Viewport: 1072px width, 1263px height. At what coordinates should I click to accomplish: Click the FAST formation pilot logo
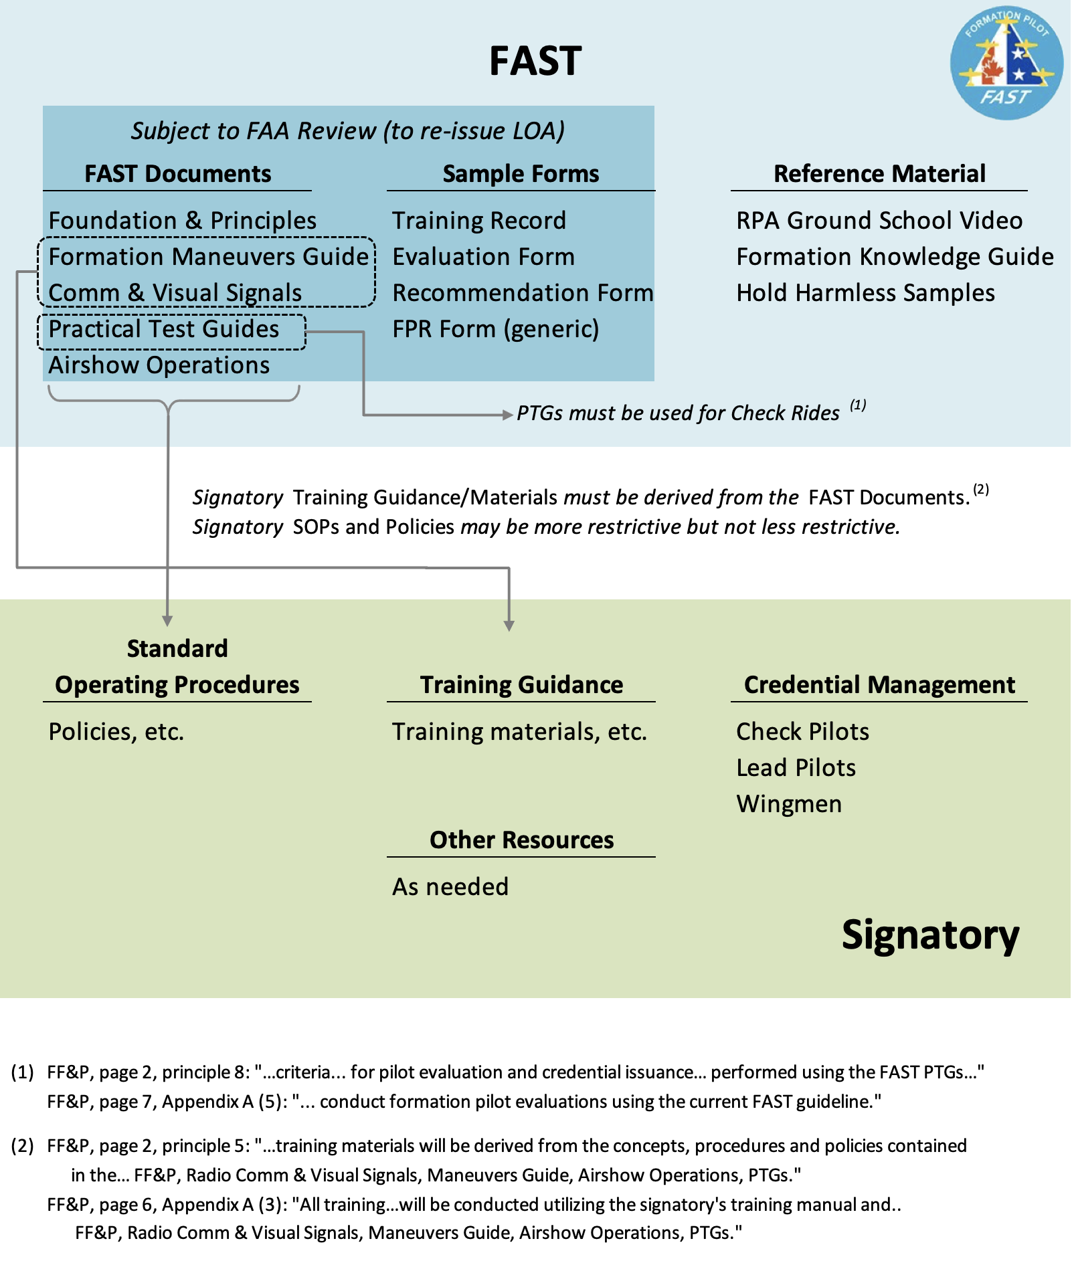1006,64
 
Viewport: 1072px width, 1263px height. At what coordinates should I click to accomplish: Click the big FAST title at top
535,62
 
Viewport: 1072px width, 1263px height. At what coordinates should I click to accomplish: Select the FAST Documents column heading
178,174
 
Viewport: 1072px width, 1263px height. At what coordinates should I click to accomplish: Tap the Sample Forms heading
521,174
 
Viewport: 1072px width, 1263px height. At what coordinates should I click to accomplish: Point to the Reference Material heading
879,174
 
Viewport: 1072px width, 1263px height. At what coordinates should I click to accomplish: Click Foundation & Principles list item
182,221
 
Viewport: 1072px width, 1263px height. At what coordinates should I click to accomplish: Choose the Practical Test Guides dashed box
171,332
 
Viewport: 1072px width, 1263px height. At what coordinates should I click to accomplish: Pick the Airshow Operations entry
159,365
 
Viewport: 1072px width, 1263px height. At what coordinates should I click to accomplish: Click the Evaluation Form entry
483,257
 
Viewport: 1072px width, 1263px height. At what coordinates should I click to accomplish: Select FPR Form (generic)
495,329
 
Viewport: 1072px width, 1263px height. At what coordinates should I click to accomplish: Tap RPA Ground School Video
879,221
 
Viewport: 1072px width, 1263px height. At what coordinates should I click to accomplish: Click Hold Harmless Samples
865,293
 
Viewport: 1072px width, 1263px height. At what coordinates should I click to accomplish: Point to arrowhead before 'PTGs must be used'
508,415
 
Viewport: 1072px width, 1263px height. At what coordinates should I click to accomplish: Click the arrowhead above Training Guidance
509,626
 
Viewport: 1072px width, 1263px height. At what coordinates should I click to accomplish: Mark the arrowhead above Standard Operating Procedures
167,621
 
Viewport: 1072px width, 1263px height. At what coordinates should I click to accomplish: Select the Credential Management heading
879,685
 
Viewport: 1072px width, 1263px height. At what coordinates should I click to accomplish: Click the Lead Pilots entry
796,768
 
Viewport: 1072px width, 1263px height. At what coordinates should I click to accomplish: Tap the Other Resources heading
521,840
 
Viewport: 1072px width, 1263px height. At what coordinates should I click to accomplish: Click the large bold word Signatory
930,935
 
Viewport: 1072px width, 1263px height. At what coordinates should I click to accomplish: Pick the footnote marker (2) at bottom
22,1146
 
